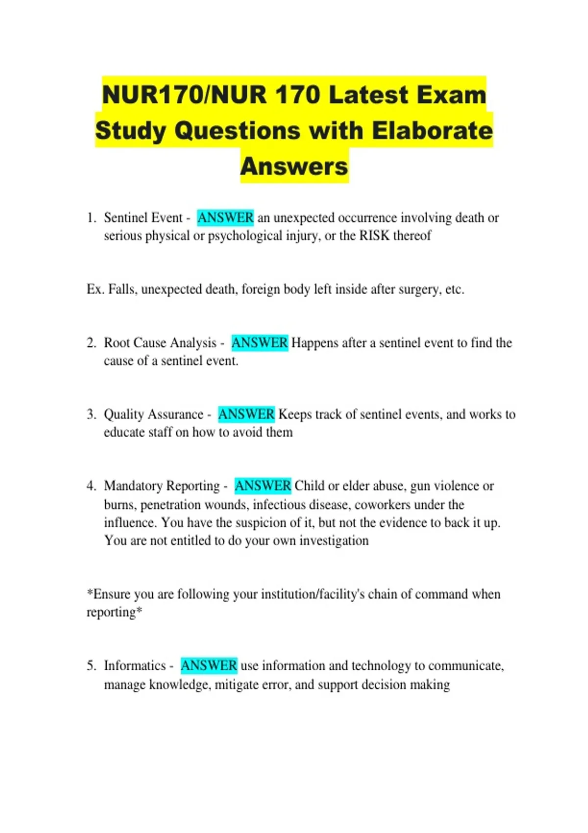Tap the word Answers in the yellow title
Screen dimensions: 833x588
click(x=294, y=167)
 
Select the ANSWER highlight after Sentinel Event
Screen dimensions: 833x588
click(x=225, y=218)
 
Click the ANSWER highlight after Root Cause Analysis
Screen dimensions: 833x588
click(x=259, y=343)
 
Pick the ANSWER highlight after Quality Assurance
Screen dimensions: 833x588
click(x=246, y=414)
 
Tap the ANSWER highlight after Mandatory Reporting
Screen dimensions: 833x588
click(x=263, y=486)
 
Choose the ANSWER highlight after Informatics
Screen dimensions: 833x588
click(x=209, y=665)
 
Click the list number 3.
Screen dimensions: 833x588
click(x=91, y=415)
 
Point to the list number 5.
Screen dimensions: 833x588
click(x=91, y=666)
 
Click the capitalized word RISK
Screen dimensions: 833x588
click(x=374, y=236)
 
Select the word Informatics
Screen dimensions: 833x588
click(x=135, y=665)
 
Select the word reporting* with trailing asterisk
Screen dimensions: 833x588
click(x=114, y=612)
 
